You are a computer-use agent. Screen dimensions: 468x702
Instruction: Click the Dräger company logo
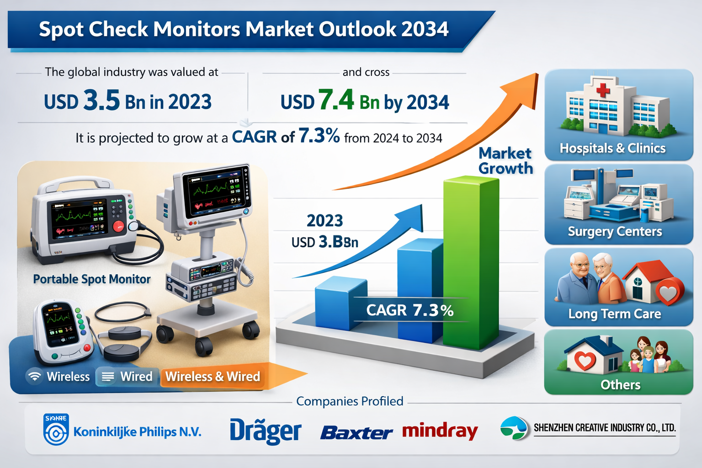tap(265, 431)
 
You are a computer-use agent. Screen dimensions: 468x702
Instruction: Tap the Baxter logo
tap(356, 432)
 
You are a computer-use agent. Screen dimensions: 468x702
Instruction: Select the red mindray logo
tap(440, 431)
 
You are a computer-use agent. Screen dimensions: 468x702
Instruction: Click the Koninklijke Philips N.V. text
tap(137, 432)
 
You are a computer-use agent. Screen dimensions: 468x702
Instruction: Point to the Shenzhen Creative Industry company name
tap(604, 428)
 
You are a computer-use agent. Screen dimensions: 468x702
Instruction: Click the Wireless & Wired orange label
tap(213, 377)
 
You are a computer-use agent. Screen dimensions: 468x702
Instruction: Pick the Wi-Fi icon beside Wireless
tap(34, 377)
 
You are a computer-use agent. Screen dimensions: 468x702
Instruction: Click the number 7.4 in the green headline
tap(336, 100)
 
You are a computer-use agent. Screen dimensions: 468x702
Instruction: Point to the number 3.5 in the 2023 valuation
tap(101, 101)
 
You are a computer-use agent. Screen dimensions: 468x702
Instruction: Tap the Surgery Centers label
tap(615, 231)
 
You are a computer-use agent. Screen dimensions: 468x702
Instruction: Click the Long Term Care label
tap(615, 314)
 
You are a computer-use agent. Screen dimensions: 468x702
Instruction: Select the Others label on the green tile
tap(620, 385)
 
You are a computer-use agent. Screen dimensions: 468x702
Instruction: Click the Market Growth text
tap(505, 160)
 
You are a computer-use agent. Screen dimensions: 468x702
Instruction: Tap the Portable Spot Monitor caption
tap(92, 279)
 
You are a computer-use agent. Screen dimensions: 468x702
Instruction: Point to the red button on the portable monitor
tap(118, 226)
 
